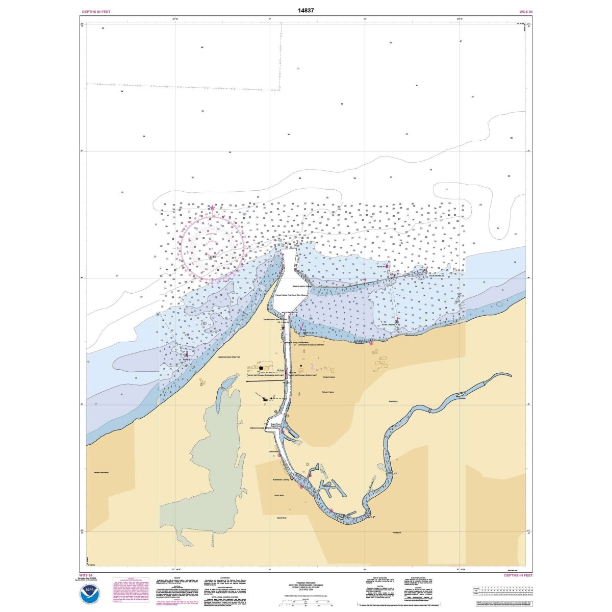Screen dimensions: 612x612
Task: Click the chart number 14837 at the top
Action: point(305,10)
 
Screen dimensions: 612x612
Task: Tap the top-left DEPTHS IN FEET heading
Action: point(96,11)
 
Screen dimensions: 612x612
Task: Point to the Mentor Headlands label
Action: point(101,473)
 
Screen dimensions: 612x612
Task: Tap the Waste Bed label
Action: point(393,401)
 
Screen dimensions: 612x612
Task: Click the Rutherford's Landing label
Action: point(282,480)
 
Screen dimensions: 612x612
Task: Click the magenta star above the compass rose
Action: point(212,207)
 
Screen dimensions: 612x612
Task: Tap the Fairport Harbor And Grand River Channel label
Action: point(291,295)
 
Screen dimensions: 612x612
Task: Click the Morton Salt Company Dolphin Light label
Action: point(304,375)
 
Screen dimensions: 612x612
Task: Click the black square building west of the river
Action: point(261,367)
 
